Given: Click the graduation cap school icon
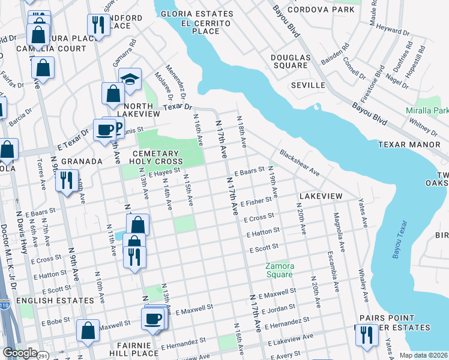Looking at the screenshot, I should (x=130, y=79).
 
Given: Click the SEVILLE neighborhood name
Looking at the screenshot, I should (x=308, y=85).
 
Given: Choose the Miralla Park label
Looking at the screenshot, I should (x=427, y=111).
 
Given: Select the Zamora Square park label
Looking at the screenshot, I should (x=280, y=270).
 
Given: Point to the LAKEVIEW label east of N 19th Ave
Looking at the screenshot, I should (x=321, y=196).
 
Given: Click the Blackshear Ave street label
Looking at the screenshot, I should (x=299, y=163).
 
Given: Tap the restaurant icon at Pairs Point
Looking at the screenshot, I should (x=366, y=335).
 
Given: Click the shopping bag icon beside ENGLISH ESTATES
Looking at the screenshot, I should (x=88, y=329).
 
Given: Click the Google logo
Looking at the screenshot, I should (x=19, y=353).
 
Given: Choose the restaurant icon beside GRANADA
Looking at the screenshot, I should (x=67, y=179).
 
